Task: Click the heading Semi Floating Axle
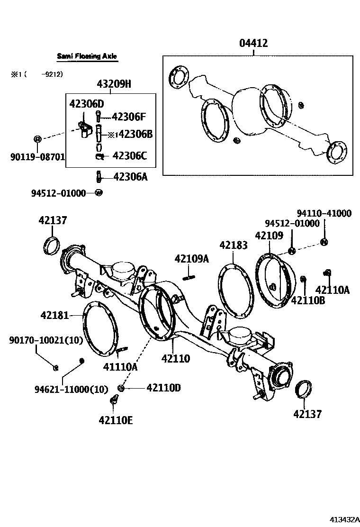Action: point(87,56)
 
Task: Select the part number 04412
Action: point(253,44)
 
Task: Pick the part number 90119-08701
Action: point(37,156)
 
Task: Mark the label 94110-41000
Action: point(324,214)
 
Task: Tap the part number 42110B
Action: point(307,300)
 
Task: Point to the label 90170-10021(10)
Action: point(46,340)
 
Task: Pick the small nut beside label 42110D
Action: point(121,388)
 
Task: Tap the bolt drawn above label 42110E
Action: point(114,401)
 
